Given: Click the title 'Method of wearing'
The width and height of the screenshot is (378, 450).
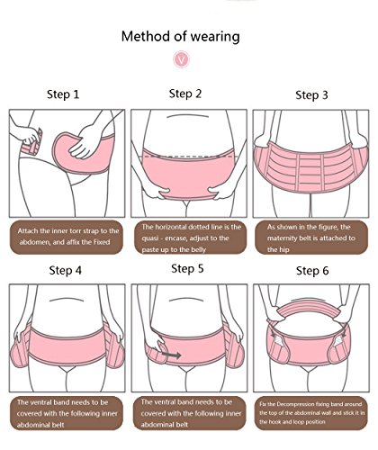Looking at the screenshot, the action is tap(180, 37).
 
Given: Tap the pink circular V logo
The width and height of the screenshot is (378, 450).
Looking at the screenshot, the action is tap(181, 59).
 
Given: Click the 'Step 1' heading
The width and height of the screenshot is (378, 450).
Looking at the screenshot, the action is tap(63, 94).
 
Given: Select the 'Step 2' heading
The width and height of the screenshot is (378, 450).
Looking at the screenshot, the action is tap(185, 94).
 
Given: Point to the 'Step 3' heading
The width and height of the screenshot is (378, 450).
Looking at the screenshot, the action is tap(311, 94).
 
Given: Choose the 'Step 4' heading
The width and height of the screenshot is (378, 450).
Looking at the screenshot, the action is tap(65, 270).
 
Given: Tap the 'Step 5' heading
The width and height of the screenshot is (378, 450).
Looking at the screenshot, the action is tap(187, 268).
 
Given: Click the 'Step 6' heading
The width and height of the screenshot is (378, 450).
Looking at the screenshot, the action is tap(312, 271).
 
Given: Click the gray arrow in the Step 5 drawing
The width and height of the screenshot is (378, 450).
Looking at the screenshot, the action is tap(171, 355).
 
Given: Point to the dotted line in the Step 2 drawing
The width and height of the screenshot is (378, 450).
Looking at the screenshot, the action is tap(189, 157).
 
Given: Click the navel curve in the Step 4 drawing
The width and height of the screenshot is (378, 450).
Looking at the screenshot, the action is tap(67, 300).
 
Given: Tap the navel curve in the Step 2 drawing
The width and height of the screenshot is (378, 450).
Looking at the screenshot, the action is tap(184, 115).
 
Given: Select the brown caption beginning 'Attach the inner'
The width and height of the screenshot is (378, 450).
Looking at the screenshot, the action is tap(67, 238).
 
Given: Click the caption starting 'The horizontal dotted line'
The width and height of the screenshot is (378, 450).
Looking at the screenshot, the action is tap(190, 238).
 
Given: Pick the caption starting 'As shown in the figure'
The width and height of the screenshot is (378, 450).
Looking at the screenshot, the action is tap(311, 238).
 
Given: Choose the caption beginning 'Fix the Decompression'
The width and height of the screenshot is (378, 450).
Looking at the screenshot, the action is tap(310, 413).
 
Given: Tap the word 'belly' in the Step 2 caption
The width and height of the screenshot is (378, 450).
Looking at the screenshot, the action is tap(197, 249).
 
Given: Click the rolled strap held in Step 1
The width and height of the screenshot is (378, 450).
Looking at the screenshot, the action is tap(31, 143).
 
